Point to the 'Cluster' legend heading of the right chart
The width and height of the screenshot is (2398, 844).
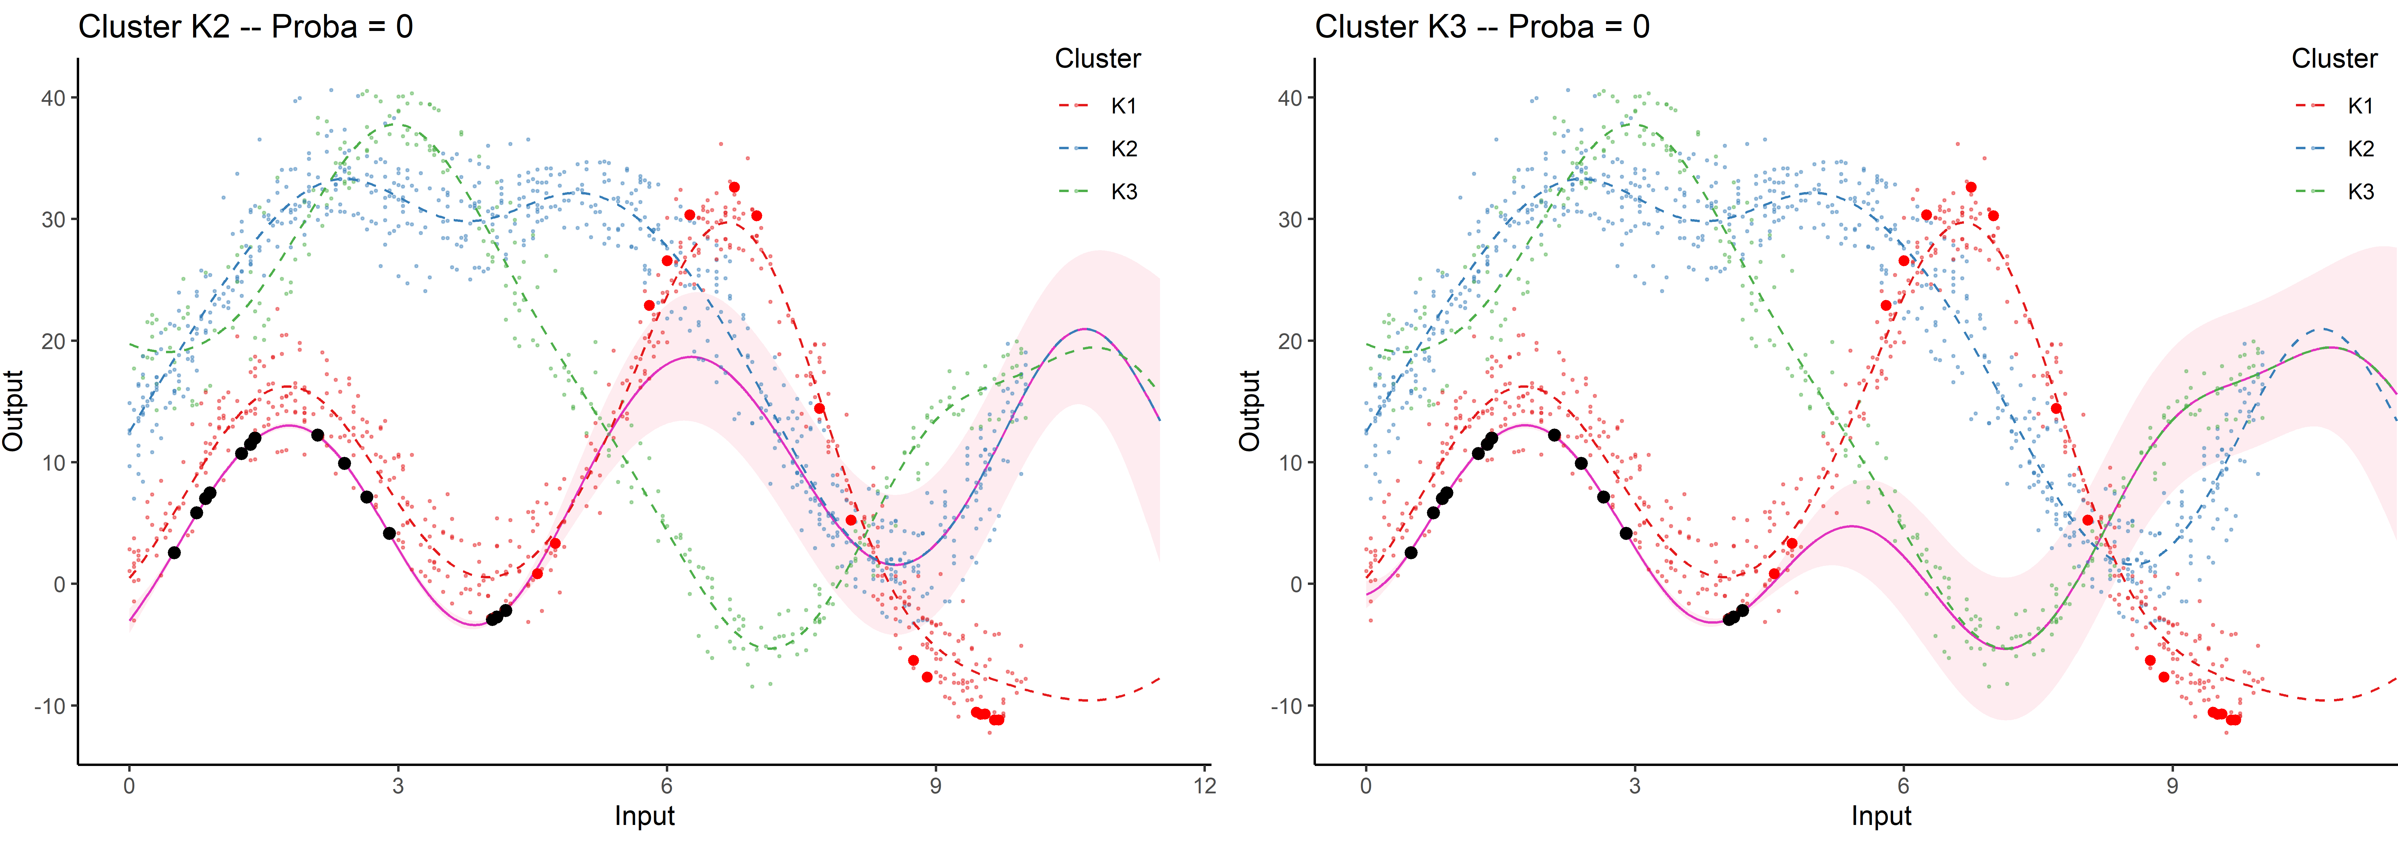pyautogui.click(x=2334, y=59)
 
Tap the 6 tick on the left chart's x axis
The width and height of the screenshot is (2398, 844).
pyautogui.click(x=666, y=785)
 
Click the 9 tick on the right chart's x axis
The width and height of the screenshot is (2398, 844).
pyautogui.click(x=2172, y=785)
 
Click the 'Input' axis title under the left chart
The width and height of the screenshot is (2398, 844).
pyautogui.click(x=644, y=816)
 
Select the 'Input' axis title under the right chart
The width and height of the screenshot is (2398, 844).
pyautogui.click(x=1880, y=816)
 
